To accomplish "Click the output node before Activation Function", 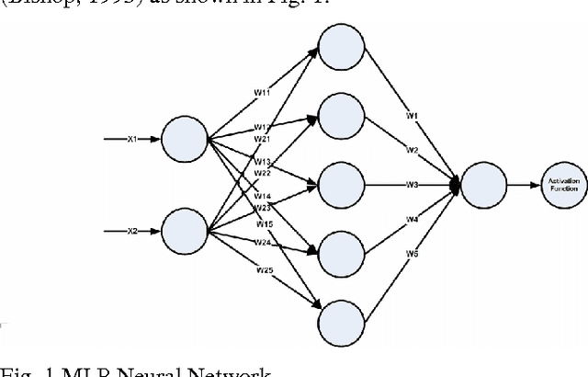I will click(x=482, y=185).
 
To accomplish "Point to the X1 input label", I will click(x=131, y=139).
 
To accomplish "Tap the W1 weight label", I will click(x=413, y=116).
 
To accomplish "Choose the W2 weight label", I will click(x=413, y=149).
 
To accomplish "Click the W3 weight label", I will click(x=413, y=185).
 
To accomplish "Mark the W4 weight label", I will click(x=413, y=219).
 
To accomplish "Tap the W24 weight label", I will click(x=263, y=244).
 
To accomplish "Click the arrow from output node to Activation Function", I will click(x=524, y=185).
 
